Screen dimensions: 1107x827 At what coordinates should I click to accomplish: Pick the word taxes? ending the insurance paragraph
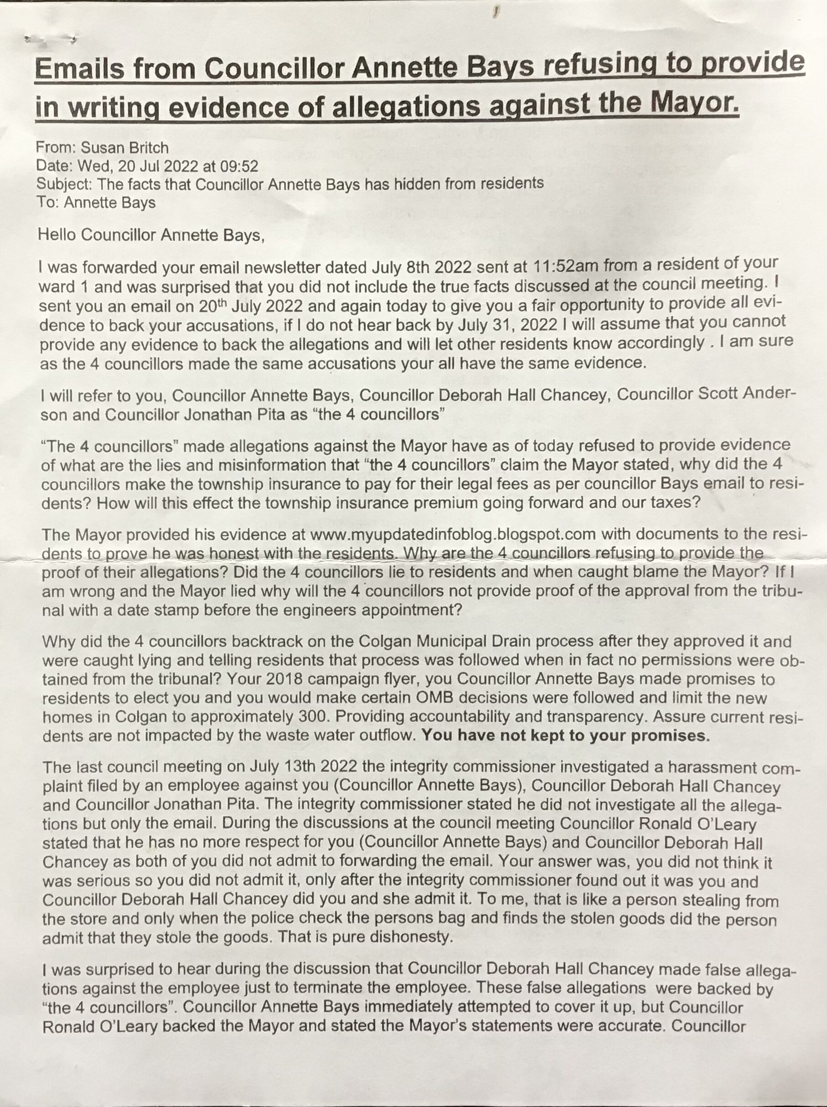point(671,502)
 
